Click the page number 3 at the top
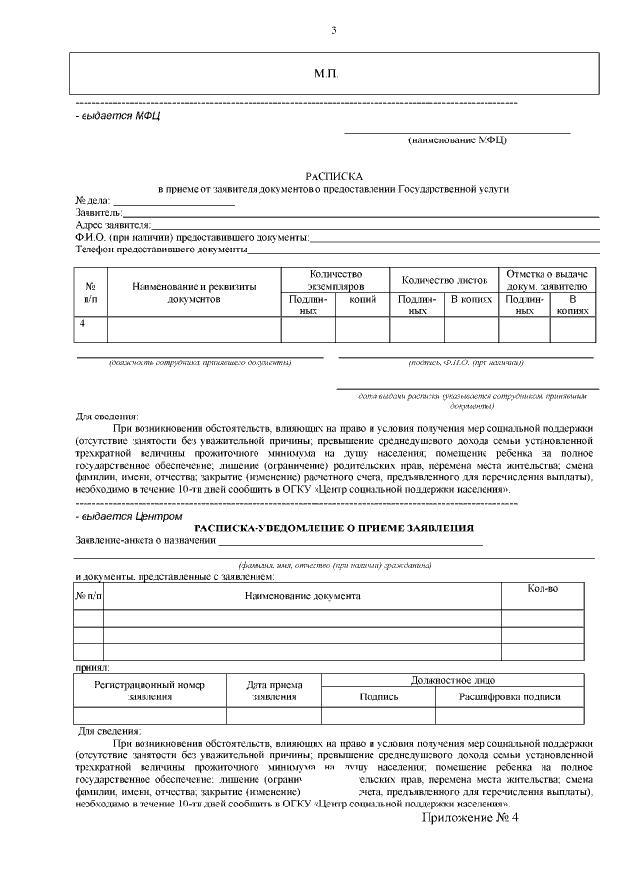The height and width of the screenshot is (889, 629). coord(333,30)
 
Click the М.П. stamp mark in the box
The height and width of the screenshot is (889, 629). coord(325,75)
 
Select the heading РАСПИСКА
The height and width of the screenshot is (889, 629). coord(334,172)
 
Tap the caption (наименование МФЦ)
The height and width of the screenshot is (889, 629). coord(457,140)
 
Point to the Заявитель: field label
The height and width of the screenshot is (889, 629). coord(98,212)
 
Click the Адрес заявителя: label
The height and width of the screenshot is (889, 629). coord(112,225)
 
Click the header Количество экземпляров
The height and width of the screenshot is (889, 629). coord(335,279)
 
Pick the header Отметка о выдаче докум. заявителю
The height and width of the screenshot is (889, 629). coord(546,279)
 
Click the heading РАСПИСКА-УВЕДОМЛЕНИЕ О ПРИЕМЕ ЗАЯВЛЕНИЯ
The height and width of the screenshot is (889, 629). coord(333,528)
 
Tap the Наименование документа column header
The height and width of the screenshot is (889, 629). coord(302,596)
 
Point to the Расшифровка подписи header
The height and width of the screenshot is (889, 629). coord(510,696)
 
